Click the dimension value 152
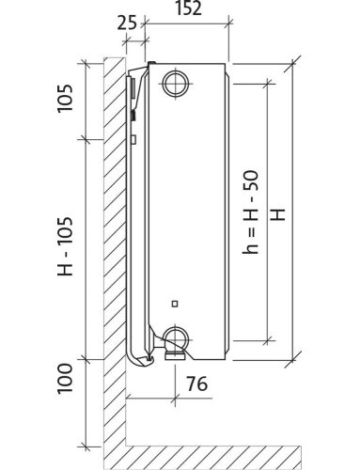click(x=188, y=8)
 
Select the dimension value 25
click(x=127, y=23)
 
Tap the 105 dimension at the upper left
click(x=65, y=98)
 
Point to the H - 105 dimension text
click(x=65, y=246)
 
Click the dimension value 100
click(x=65, y=378)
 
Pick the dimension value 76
click(x=197, y=384)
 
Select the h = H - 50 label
click(x=251, y=212)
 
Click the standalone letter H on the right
click(x=278, y=214)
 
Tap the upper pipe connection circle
click(x=176, y=84)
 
